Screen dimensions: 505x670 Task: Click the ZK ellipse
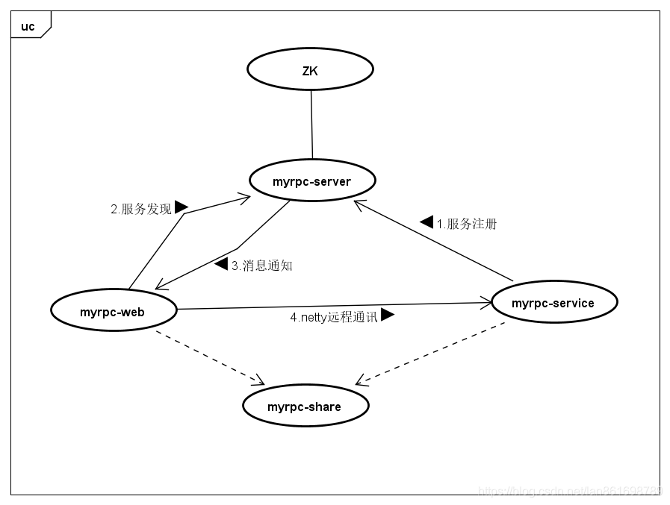[x=310, y=70]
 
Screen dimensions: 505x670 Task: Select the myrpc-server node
[x=311, y=181]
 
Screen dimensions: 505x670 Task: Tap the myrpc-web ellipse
[x=113, y=312]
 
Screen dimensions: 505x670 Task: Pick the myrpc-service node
[x=553, y=302]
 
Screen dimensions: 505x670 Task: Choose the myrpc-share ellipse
[x=305, y=407]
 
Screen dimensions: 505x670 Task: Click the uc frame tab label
[x=28, y=27]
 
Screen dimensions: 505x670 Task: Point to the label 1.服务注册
[x=467, y=224]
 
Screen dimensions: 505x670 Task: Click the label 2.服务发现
[x=141, y=209]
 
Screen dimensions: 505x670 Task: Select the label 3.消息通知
[x=261, y=266]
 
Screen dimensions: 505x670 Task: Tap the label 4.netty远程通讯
[x=334, y=317]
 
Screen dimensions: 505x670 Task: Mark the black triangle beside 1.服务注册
[x=427, y=222]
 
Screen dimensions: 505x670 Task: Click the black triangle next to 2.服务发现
[x=181, y=207]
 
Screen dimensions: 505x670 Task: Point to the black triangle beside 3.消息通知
[x=221, y=263]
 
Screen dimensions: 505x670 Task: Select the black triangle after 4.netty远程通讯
[x=387, y=315]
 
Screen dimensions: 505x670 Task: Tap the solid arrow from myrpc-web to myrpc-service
[x=336, y=306]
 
